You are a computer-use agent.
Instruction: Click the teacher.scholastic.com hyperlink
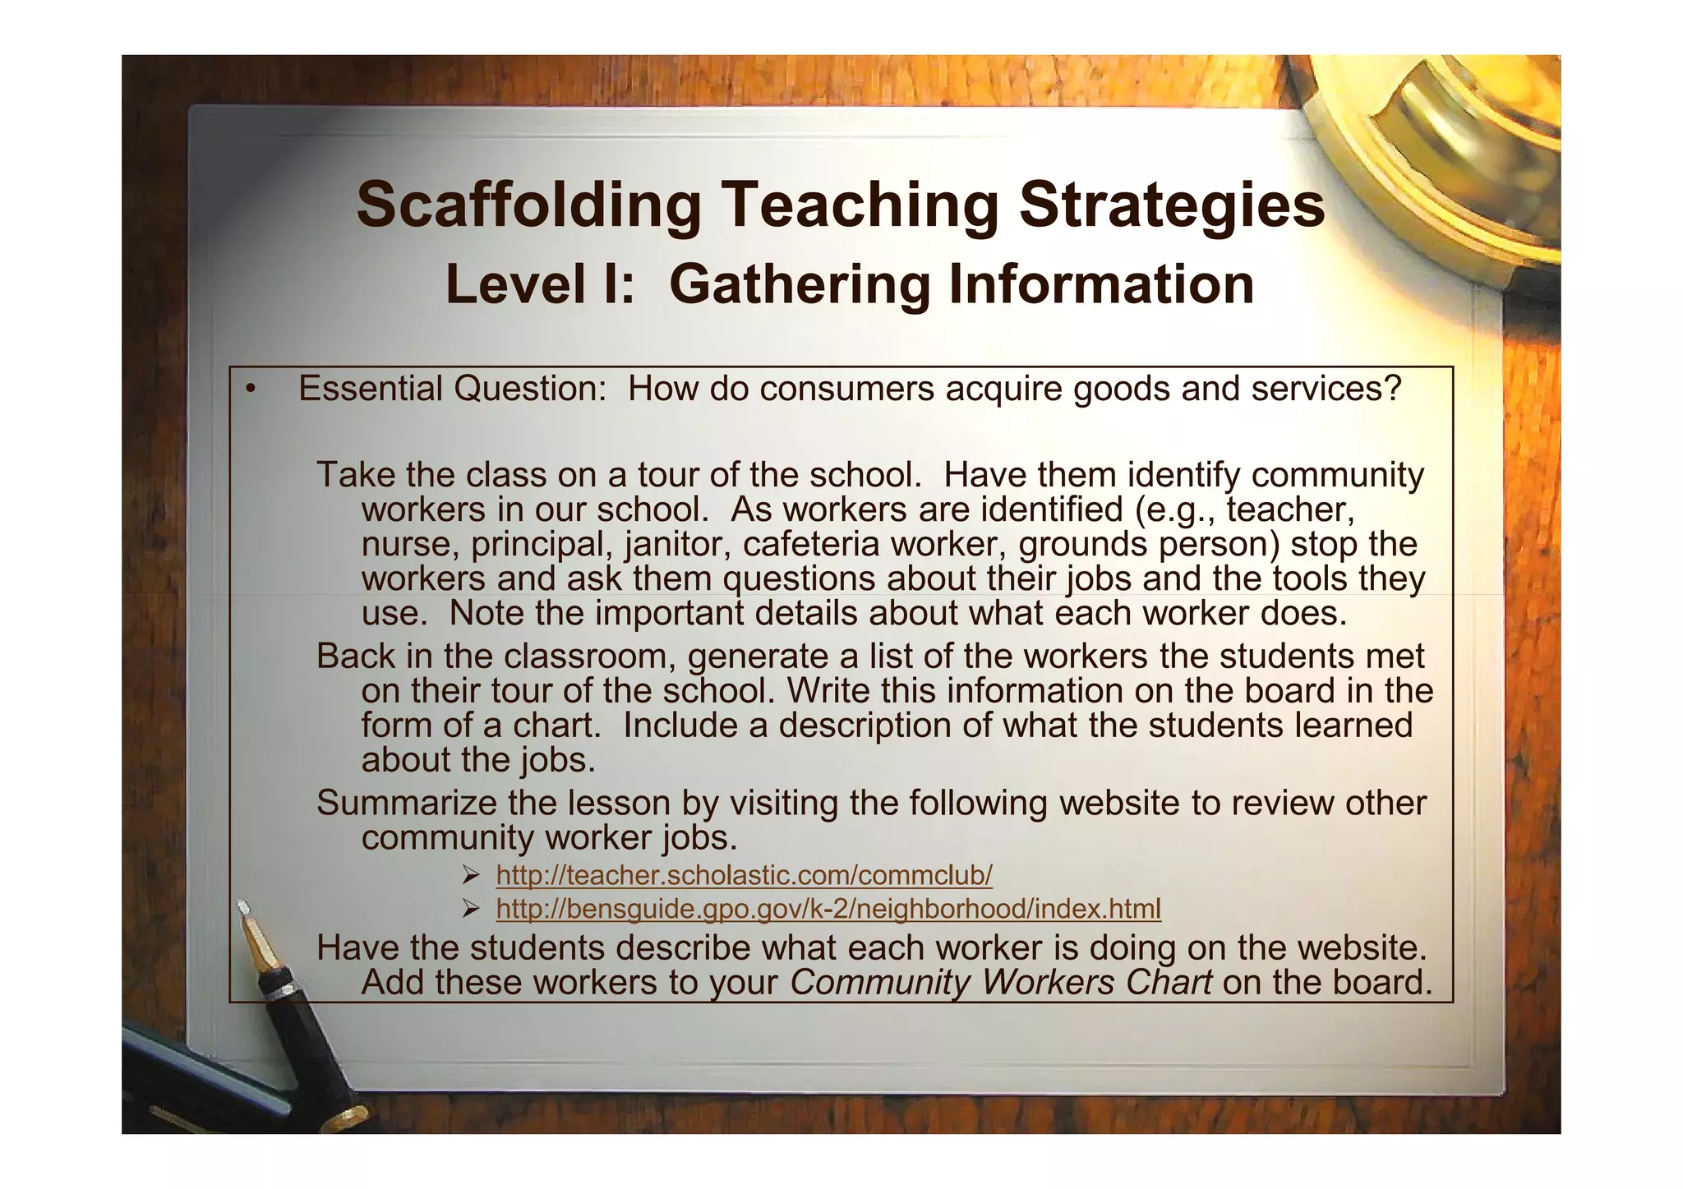(745, 876)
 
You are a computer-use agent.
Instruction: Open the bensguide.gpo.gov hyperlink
(828, 909)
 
